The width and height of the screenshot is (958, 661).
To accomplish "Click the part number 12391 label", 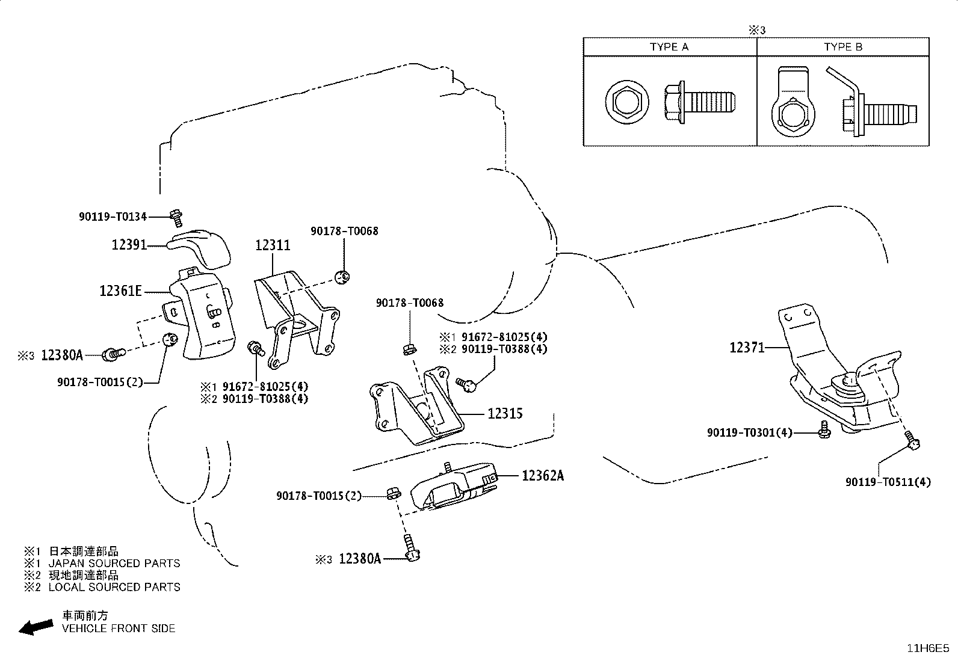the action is (129, 245).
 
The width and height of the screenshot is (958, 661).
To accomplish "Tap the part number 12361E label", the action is (120, 291).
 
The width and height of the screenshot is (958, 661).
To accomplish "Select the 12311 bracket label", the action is (273, 245).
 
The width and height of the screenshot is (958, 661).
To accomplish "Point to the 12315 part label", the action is (505, 414).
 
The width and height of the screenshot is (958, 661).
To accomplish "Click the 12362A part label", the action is (543, 475).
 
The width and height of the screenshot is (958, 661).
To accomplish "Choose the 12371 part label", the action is (747, 348).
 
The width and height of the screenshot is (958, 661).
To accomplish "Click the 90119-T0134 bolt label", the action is (113, 217).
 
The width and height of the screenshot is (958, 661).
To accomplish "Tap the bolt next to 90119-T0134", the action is (176, 218).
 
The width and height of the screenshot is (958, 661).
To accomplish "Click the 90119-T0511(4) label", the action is (888, 482).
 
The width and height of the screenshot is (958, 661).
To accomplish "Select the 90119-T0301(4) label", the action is (749, 433).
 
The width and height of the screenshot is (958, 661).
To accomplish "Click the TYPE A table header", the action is (669, 47).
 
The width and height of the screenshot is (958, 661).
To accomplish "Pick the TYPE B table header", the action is (843, 47).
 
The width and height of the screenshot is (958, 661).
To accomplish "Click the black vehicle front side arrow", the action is (36, 627).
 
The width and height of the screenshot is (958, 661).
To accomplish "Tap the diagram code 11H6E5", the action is (928, 648).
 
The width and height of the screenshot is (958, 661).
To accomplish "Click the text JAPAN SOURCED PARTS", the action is (114, 564).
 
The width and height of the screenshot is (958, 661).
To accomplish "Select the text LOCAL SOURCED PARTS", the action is (114, 587).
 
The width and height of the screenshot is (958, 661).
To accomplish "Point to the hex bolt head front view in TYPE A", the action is (627, 103).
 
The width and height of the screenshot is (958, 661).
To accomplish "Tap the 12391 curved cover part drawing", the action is (199, 248).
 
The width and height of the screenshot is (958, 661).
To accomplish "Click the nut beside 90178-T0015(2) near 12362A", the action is (393, 493).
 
